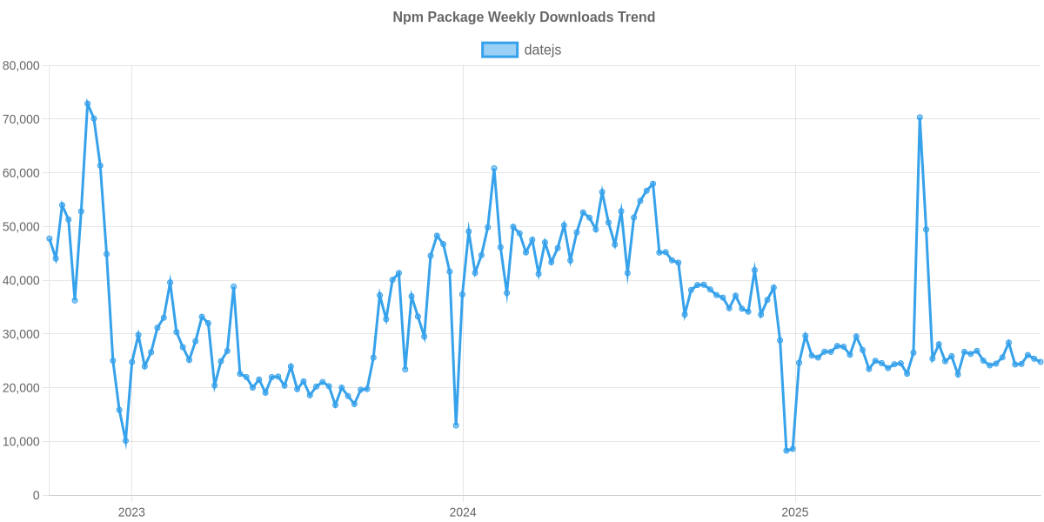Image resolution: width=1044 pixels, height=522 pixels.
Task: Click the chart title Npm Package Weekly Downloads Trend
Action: tap(522, 17)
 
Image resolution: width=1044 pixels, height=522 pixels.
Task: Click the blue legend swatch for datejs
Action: tap(499, 50)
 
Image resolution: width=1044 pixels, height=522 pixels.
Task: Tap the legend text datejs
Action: tap(543, 50)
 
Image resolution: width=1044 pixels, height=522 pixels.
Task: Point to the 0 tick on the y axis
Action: tap(36, 496)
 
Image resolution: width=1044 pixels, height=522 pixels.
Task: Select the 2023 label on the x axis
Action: tap(131, 512)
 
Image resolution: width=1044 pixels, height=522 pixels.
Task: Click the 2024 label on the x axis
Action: tap(463, 512)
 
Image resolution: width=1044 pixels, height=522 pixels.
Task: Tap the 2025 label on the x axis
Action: tap(794, 512)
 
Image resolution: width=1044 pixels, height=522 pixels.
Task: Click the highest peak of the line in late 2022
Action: tap(87, 103)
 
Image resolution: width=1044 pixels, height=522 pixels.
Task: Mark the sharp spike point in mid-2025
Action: tap(920, 117)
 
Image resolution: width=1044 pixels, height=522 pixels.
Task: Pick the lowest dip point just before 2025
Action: tap(786, 451)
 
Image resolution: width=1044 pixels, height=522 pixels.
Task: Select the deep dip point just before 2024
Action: tap(456, 425)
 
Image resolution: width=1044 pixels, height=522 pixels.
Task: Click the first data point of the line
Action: tap(50, 238)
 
